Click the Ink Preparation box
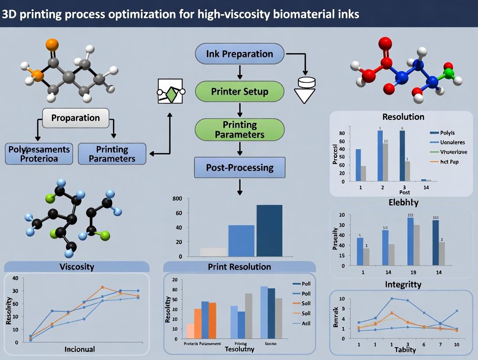pos(239,54)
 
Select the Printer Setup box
pos(239,92)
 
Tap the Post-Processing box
pos(239,168)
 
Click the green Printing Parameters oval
pos(239,130)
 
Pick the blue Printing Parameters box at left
pos(112,154)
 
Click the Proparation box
pos(76,118)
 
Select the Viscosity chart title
pos(76,267)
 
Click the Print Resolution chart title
pos(239,267)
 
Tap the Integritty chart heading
pos(403,284)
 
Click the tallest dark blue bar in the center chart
pos(269,231)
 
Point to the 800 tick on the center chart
pos(177,199)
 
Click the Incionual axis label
pos(80,349)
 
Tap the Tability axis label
pos(405,350)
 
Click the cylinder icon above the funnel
pos(306,81)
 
